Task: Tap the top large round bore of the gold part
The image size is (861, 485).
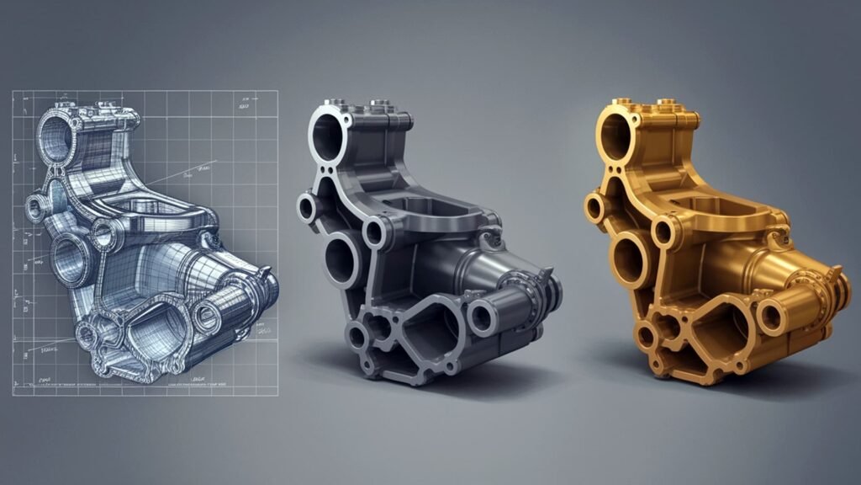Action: [614, 132]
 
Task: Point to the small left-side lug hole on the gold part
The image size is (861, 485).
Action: [594, 205]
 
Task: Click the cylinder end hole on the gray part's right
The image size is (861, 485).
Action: [481, 317]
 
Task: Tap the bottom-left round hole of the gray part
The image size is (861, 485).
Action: [358, 336]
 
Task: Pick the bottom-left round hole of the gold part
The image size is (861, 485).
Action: [645, 336]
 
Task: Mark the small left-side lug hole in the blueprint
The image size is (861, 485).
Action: [36, 206]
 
